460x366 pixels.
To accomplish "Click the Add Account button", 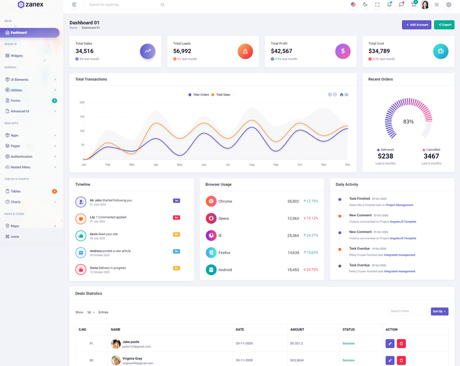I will pos(416,25).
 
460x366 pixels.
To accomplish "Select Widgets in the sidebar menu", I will pos(17,56).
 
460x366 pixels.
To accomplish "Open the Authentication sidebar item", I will pos(21,157).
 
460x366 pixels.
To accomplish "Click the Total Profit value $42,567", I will pos(281,51).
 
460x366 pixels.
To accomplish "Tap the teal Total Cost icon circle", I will pos(440,51).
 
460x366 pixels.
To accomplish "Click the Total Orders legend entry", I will pos(199,94).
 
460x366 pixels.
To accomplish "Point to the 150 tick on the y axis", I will pos(82,117).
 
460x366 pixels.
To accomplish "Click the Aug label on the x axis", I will pos(252,165).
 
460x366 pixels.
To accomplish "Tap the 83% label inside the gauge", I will pos(408,122).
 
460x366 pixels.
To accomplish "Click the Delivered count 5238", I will pos(385,156).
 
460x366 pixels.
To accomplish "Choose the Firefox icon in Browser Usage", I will pos(211,253).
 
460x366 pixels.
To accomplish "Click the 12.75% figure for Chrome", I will pos(311,201).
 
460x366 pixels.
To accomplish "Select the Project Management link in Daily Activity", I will pos(399,205).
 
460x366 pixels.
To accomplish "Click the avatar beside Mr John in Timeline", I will pos(80,202).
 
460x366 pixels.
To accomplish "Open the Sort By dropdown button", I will pos(439,311).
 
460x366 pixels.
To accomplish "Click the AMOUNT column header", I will pos(297,330).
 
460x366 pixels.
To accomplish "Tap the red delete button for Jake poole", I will pos(401,344).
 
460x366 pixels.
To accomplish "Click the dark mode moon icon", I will pos(365,5).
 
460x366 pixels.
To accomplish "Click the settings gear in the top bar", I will pos(449,5).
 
